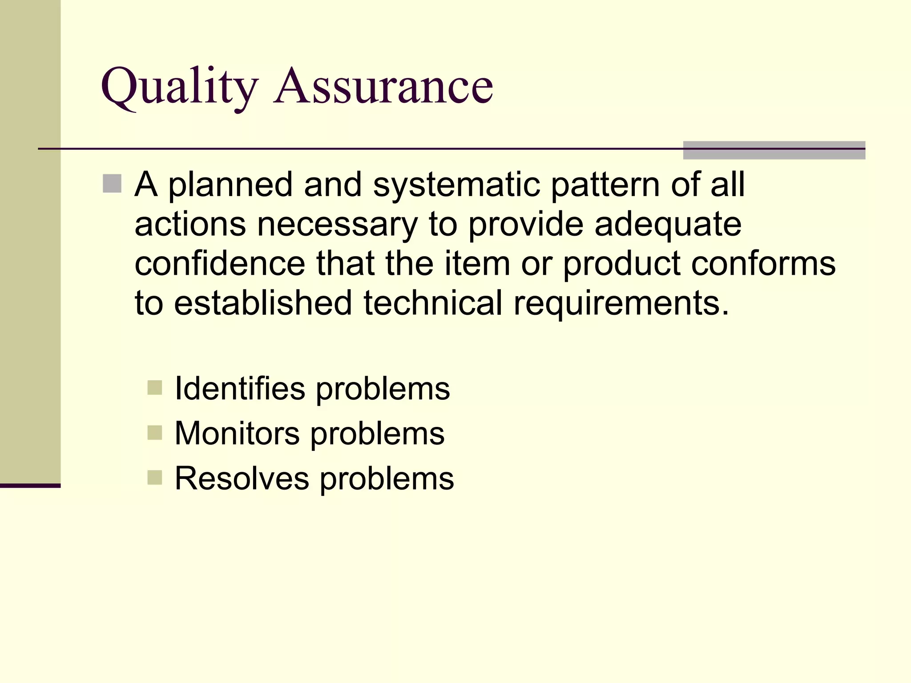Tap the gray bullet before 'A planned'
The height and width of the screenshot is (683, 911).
[x=112, y=184]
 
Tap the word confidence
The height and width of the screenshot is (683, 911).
[x=220, y=263]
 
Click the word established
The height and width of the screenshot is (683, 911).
[x=263, y=303]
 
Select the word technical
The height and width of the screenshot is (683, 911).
[x=433, y=303]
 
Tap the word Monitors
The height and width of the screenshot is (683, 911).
[x=237, y=433]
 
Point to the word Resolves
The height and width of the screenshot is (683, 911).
[x=242, y=478]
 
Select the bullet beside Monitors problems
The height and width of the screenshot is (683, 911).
[x=154, y=432]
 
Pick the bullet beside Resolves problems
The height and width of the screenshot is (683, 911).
[x=154, y=478]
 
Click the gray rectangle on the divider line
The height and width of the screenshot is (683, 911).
[x=774, y=150]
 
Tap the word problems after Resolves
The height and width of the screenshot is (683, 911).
[x=387, y=479]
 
